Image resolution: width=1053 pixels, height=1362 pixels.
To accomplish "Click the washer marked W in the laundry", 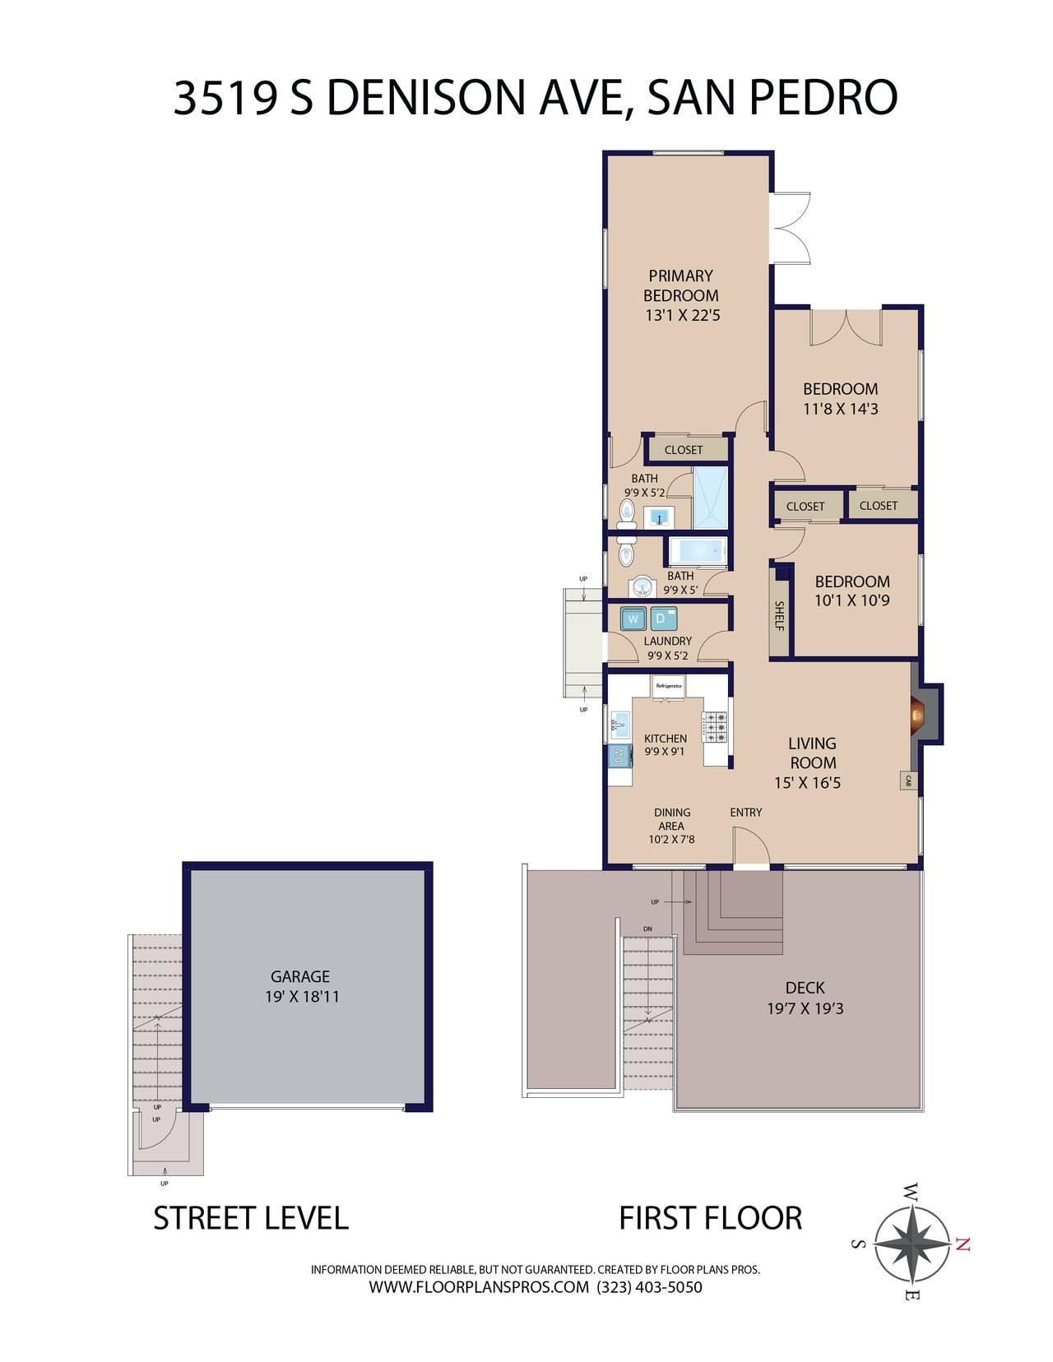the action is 633,618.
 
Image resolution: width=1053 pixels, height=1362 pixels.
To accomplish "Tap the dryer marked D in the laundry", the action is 664,618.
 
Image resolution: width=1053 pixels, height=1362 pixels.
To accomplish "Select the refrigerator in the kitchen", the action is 669,686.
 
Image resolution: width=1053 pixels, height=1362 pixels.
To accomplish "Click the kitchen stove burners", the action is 715,726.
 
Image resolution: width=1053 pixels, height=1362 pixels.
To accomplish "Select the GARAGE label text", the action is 299,976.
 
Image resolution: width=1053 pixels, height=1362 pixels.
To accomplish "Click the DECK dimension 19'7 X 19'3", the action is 805,1008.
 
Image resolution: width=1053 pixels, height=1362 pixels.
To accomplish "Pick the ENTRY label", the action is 746,813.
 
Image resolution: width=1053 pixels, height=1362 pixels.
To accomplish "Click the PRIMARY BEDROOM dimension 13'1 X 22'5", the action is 683,315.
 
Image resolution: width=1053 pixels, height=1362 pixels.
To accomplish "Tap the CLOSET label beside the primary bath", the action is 683,450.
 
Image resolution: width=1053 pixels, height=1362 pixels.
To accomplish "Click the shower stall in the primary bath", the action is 710,498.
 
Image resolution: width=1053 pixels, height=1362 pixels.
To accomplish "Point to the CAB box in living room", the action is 908,781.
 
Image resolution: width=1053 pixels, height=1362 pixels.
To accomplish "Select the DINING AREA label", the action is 672,819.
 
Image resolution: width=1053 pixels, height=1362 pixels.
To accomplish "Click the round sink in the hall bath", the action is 641,586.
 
